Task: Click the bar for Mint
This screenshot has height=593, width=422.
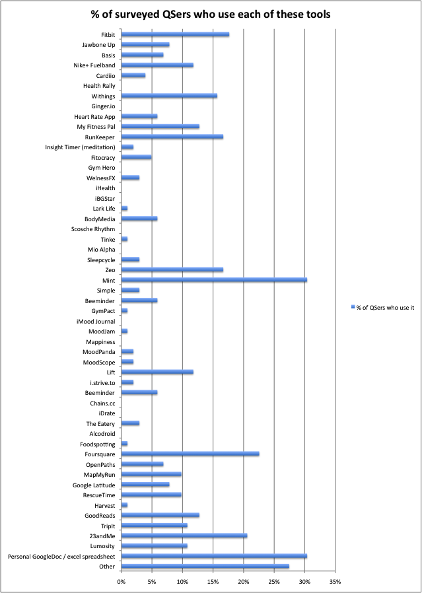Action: [x=215, y=280]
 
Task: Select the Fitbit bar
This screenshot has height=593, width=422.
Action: [x=176, y=34]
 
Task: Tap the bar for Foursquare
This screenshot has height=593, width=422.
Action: [x=191, y=454]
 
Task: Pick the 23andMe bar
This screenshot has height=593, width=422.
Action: [x=184, y=536]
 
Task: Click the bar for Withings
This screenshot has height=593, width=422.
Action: [x=170, y=96]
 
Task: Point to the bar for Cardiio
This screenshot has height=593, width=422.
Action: [x=133, y=75]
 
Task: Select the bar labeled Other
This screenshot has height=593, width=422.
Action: [x=205, y=566]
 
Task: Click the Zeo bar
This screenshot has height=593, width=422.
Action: [x=172, y=269]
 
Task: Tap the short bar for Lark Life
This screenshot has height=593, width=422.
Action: [x=124, y=209]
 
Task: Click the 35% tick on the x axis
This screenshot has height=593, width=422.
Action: [x=335, y=581]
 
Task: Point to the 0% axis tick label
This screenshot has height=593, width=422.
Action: [x=121, y=581]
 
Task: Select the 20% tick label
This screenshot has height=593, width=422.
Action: [x=244, y=581]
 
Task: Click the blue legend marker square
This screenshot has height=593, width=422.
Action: [x=353, y=308]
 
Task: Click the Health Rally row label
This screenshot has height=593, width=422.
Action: [x=99, y=86]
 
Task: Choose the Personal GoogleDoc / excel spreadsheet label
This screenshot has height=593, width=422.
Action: [x=61, y=557]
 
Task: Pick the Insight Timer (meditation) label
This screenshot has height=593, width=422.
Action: [x=80, y=147]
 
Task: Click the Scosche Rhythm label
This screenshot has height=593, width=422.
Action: [x=93, y=228]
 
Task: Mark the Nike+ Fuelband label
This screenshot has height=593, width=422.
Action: [x=94, y=65]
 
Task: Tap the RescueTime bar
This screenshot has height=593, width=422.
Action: [x=152, y=495]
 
